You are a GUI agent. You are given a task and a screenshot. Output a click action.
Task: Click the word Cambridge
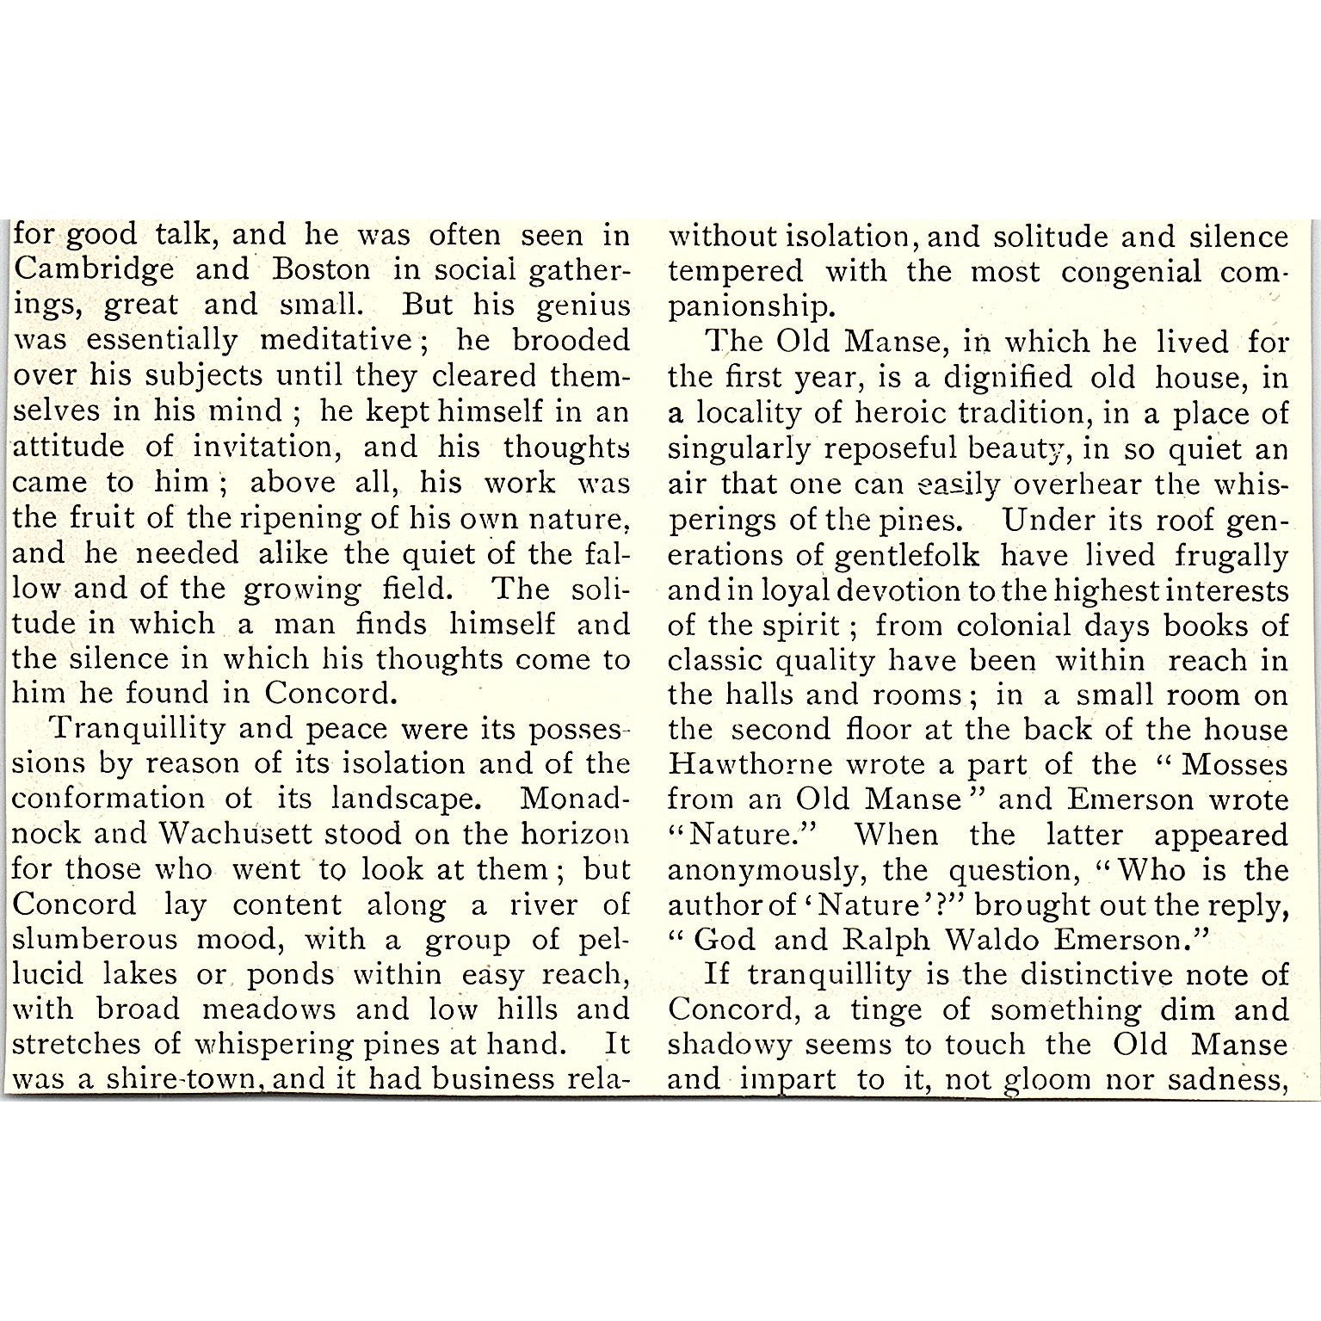[95, 270]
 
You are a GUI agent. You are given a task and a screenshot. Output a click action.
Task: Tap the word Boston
[321, 269]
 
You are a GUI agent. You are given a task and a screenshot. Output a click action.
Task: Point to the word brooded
[571, 341]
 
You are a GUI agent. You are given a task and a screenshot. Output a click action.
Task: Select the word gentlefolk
[906, 556]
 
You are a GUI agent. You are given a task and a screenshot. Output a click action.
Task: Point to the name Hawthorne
[750, 764]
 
